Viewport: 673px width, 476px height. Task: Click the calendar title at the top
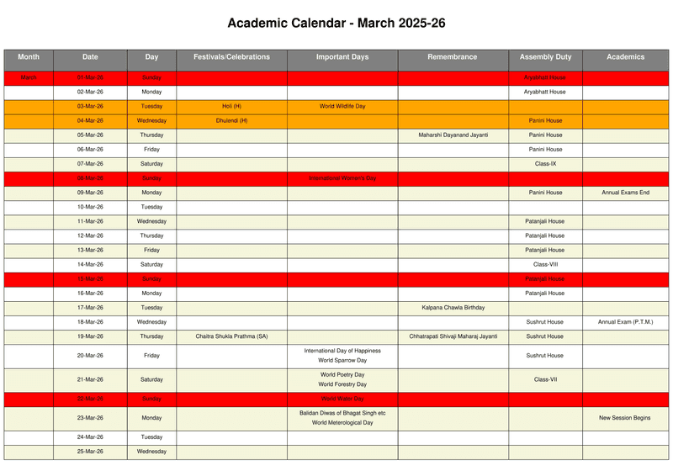(x=336, y=23)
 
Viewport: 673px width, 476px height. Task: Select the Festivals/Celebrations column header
(x=231, y=57)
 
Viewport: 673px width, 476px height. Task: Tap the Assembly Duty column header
(x=545, y=57)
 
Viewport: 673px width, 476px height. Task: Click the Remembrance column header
(x=453, y=57)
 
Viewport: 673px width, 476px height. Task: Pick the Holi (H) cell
(x=231, y=107)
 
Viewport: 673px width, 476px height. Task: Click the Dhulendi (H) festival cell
(x=231, y=121)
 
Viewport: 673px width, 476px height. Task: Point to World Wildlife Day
(x=342, y=107)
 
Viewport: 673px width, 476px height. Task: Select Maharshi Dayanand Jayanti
(x=453, y=135)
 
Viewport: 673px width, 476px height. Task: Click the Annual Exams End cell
(x=625, y=193)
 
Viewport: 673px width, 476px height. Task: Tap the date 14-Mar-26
(x=90, y=265)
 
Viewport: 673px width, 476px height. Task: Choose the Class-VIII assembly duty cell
(x=545, y=265)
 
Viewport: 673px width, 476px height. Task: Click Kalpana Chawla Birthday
(x=453, y=308)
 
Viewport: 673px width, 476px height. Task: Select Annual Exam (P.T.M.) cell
(x=625, y=322)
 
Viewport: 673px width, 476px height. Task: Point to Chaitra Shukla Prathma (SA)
(x=231, y=336)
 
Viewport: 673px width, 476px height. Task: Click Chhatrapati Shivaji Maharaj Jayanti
(x=453, y=336)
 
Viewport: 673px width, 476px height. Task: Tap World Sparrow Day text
(x=342, y=361)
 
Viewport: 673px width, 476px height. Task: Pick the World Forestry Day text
(x=342, y=384)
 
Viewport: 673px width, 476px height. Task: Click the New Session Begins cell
(x=625, y=418)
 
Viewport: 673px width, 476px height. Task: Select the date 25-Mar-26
(x=90, y=452)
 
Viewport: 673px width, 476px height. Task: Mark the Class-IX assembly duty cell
(x=545, y=164)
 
